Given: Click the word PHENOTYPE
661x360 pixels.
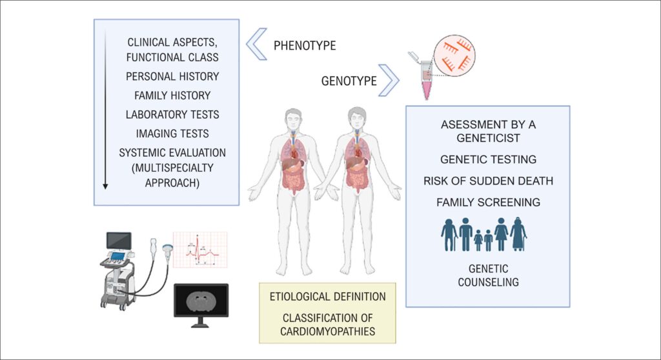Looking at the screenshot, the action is [x=305, y=46].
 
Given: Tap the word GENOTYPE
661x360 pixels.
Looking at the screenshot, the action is [x=349, y=81].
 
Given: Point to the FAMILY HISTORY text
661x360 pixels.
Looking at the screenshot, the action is [x=172, y=95].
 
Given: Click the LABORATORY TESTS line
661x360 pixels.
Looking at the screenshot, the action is [x=172, y=115].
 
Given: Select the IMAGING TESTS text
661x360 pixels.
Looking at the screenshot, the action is [x=172, y=134].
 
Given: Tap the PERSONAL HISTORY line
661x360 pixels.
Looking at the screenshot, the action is [x=172, y=76].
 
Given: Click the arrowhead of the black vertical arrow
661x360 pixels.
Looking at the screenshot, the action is [x=105, y=186].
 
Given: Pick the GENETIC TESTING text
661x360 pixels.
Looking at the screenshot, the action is [x=488, y=159].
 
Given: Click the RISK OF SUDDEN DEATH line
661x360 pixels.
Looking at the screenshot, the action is [x=488, y=181].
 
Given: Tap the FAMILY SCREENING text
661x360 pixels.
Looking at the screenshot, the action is [x=488, y=203].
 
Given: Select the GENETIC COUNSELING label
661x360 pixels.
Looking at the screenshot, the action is [x=488, y=275].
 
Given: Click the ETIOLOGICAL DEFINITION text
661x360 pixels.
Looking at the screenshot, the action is [x=327, y=297].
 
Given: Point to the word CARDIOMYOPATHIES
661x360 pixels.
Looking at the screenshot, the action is [x=327, y=332].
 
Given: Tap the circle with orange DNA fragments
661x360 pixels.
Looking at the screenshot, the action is [x=454, y=55].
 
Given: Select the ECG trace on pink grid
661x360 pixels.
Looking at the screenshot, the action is [x=200, y=250].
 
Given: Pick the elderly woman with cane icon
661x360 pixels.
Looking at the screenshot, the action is [x=518, y=234].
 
